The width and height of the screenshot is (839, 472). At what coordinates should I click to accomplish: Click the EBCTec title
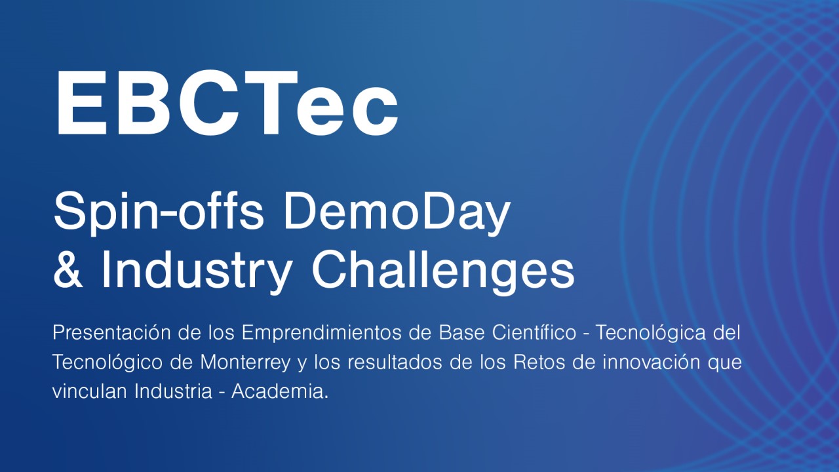(x=227, y=103)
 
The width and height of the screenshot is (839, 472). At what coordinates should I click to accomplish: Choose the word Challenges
(x=442, y=270)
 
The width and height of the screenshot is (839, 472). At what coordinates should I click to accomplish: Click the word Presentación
(x=109, y=333)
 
